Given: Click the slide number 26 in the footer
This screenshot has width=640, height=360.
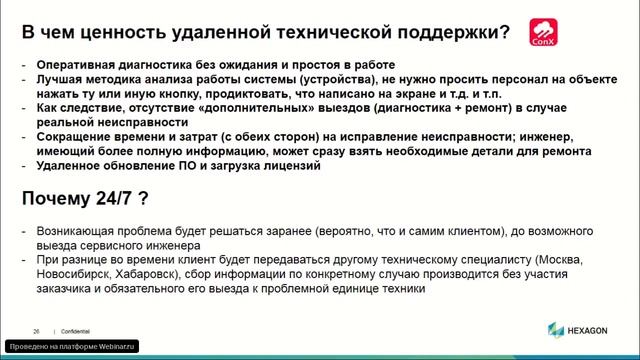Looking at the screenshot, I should coord(36,329).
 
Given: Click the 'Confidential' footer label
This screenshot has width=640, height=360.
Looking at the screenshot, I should coord(75,329).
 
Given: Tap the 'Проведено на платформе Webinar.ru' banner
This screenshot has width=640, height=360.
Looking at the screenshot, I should coord(72,346).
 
